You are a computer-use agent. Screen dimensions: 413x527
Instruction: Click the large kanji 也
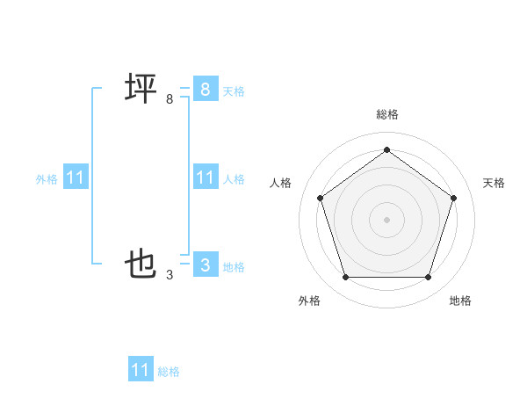(141, 264)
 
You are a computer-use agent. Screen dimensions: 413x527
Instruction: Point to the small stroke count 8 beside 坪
(170, 99)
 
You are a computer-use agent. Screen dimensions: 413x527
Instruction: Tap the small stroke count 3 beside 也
(170, 275)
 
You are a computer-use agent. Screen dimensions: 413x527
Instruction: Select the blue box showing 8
(205, 90)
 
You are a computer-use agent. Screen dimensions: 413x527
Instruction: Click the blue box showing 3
(205, 264)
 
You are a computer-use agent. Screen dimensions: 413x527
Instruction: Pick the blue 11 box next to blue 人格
(205, 178)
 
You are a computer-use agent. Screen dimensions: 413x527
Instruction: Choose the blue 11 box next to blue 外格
(76, 178)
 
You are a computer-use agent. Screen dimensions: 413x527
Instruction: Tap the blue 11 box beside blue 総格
(141, 370)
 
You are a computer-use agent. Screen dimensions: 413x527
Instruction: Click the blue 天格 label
(234, 91)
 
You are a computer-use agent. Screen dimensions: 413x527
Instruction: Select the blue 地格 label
(234, 267)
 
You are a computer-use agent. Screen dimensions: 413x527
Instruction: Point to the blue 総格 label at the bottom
(169, 372)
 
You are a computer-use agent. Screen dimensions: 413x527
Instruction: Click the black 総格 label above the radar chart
(386, 114)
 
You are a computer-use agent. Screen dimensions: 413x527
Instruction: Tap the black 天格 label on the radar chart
(494, 183)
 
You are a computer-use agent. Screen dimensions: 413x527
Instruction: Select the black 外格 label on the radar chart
(309, 301)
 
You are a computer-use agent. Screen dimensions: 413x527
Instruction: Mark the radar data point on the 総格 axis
(386, 150)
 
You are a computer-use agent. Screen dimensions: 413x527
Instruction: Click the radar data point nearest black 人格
(320, 198)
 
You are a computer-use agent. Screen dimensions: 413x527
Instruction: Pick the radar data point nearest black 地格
(428, 278)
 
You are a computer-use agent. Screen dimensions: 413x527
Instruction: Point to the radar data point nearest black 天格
(453, 198)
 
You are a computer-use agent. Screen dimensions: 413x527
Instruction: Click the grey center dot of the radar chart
(386, 219)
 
